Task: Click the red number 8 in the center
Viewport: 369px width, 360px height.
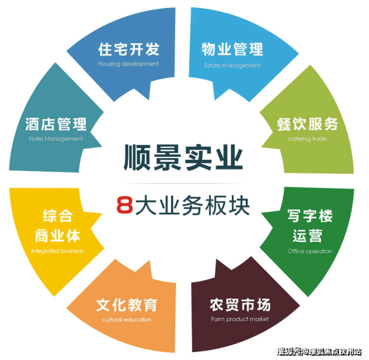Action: point(125,205)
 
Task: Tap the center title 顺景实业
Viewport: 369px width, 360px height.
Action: point(183,157)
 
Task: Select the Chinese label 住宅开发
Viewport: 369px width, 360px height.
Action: point(129,49)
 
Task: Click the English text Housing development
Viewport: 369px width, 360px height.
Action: point(129,64)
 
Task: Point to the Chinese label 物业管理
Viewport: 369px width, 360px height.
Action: point(232,49)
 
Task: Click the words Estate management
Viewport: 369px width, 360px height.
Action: point(232,65)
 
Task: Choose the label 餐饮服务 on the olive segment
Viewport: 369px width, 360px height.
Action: point(307,124)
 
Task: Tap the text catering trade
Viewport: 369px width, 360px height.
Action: point(307,139)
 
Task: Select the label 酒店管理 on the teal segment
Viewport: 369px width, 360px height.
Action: point(56,124)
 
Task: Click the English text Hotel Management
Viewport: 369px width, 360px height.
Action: point(56,139)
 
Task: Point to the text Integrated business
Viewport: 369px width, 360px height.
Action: point(57,251)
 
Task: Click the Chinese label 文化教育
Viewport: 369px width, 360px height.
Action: point(127,305)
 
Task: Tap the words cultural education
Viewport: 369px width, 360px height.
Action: point(127,320)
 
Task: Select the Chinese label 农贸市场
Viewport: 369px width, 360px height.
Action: point(240,305)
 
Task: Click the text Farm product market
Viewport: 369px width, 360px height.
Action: point(240,319)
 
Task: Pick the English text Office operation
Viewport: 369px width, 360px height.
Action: point(310,251)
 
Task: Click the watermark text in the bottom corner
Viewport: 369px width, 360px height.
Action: point(319,352)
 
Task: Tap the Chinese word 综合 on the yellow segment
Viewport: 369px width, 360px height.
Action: point(58,216)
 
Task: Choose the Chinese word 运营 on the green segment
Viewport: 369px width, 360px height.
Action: point(307,236)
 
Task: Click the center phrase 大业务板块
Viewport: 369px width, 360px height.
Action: point(192,205)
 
